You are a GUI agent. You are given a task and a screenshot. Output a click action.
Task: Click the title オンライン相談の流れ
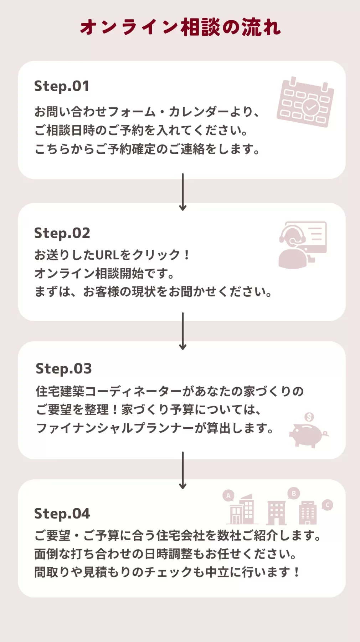coord(180,27)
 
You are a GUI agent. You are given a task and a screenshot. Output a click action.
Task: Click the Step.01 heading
coord(62,86)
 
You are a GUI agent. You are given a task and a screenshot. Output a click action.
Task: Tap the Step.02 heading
coord(62,233)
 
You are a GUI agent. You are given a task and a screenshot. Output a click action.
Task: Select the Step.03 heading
coord(64,369)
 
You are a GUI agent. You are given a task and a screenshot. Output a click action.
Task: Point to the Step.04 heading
coord(62,514)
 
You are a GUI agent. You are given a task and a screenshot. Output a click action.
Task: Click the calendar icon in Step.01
coord(305,102)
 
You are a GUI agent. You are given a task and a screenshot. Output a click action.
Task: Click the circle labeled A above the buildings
coord(228,495)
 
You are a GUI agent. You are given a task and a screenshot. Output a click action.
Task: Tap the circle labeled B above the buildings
coord(294,494)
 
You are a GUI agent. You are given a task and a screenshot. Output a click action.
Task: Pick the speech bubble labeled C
coord(327,505)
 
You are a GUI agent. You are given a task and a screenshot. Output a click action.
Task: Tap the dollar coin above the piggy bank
coord(309,417)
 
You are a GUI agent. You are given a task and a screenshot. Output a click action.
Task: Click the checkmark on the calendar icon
coord(311,106)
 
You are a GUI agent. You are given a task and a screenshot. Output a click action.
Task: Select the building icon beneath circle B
coord(277,513)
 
